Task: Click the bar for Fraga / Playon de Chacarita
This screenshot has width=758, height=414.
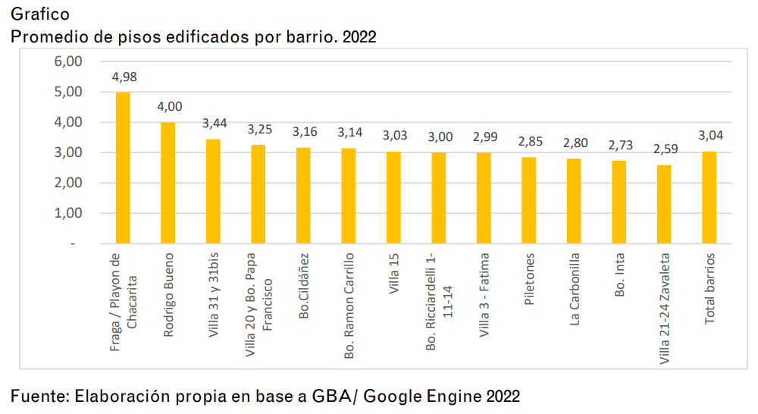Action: (x=123, y=168)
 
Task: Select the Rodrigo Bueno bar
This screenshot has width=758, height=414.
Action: (x=168, y=183)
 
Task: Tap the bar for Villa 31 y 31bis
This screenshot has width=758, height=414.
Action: (x=213, y=191)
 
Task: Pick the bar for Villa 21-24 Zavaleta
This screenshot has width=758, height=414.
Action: (x=664, y=205)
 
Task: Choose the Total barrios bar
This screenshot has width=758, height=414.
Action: (x=709, y=198)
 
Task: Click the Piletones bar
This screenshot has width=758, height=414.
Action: (x=528, y=200)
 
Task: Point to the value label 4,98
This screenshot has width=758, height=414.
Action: (x=124, y=77)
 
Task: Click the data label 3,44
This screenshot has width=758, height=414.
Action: (x=214, y=124)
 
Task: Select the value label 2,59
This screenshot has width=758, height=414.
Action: (x=664, y=149)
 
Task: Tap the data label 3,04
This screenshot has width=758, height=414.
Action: (x=709, y=136)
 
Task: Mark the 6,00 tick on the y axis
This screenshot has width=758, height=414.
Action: (x=68, y=61)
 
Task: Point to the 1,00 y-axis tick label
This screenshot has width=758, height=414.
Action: (x=68, y=213)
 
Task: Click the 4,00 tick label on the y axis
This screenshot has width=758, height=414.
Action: (x=68, y=122)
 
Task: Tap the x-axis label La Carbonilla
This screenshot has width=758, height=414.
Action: (x=575, y=289)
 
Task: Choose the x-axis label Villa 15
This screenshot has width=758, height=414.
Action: (x=394, y=274)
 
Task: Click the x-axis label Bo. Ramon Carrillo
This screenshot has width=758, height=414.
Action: (x=349, y=306)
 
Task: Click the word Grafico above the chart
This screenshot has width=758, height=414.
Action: (x=40, y=14)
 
